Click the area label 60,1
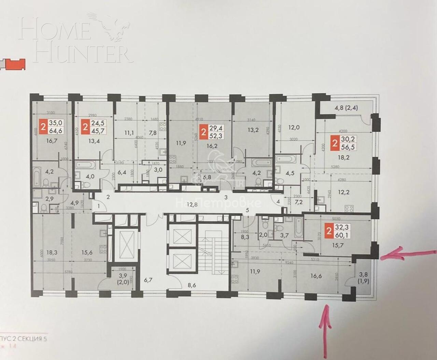pos(343,235)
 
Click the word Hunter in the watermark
pos(84,53)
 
